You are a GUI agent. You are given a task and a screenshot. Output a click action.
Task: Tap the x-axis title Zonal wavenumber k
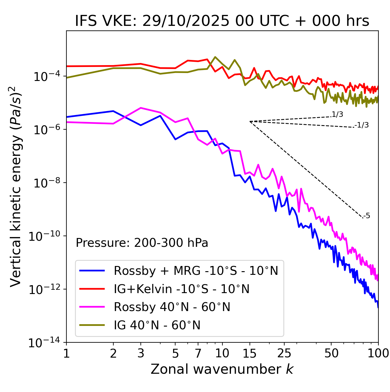222,369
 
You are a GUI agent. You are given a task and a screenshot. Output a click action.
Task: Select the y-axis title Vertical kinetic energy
16,186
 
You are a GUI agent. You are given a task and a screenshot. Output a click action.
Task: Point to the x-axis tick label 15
250,353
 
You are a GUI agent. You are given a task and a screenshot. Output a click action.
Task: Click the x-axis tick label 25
284,353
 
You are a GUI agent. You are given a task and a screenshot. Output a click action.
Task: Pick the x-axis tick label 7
198,353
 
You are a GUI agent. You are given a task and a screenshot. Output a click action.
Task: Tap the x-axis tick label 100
378,353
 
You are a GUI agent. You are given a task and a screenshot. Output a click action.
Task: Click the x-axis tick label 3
141,353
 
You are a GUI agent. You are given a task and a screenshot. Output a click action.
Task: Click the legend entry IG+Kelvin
182,289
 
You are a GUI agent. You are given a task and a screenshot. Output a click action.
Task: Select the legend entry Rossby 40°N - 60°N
172,307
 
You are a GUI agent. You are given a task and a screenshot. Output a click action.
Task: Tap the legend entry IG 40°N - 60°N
157,325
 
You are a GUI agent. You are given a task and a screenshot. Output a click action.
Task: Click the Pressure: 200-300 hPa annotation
142,243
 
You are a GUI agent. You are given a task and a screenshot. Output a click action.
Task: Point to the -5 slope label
367,216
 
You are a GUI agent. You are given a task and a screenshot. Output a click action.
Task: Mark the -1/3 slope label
362,125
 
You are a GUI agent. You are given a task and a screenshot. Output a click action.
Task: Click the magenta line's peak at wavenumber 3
141,108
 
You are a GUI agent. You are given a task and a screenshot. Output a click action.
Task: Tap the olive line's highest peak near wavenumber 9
215,57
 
